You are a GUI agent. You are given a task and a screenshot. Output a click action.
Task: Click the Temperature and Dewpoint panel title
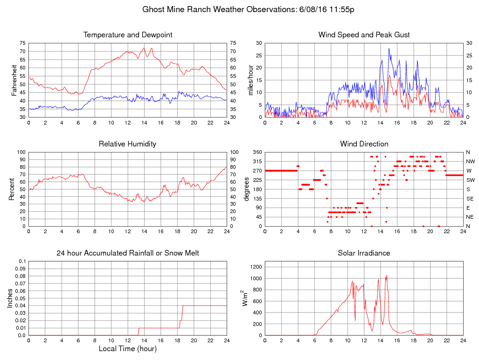(128, 35)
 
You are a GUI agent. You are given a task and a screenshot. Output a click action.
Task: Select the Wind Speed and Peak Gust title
(364, 35)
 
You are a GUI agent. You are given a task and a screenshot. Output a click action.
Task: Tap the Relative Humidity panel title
(128, 144)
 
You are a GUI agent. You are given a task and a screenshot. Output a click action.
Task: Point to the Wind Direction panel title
(364, 144)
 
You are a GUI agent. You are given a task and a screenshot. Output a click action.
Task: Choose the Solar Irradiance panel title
(364, 253)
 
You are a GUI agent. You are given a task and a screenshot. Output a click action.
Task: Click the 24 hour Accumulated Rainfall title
(128, 253)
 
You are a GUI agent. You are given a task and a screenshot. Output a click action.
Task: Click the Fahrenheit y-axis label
(14, 80)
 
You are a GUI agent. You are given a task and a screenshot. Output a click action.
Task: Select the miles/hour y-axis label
(250, 80)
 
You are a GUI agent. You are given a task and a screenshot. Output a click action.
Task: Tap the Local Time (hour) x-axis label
(128, 348)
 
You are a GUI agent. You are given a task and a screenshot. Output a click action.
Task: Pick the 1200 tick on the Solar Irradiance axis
(257, 267)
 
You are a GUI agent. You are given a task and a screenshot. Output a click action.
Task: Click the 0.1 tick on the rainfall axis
(23, 261)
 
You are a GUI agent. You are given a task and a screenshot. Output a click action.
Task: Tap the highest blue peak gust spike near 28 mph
(389, 48)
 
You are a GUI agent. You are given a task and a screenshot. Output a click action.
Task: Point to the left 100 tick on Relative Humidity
(21, 152)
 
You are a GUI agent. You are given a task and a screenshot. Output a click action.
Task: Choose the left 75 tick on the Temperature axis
(22, 43)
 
